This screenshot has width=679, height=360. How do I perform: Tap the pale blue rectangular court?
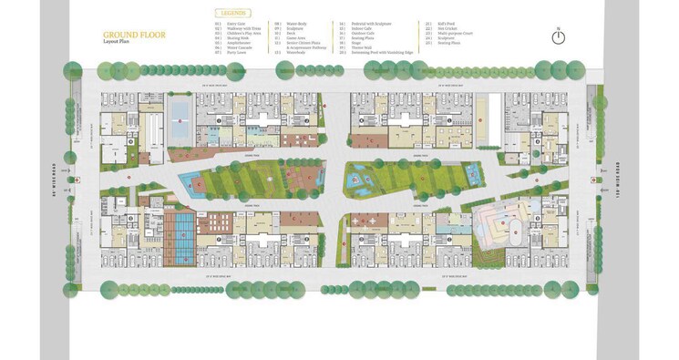pos(180,112)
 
